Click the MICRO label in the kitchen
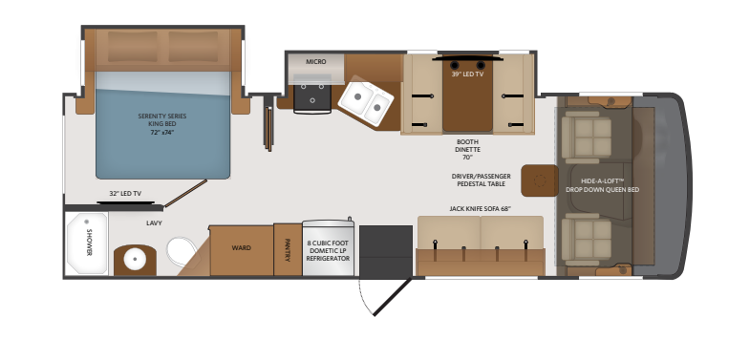pyautogui.click(x=315, y=62)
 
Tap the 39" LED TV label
pyautogui.click(x=467, y=74)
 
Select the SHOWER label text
pyautogui.click(x=89, y=243)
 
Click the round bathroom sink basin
pyautogui.click(x=135, y=260)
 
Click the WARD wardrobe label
pyautogui.click(x=241, y=248)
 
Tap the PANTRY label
pyautogui.click(x=288, y=250)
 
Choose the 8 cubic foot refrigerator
pyautogui.click(x=328, y=247)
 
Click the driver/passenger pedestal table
pyautogui.click(x=540, y=180)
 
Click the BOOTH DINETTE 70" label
pyautogui.click(x=467, y=150)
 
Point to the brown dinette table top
pyautogui.click(x=467, y=95)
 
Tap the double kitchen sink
pyautogui.click(x=366, y=101)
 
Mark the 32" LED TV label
pyautogui.click(x=125, y=194)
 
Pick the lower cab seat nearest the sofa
pyautogui.click(x=587, y=239)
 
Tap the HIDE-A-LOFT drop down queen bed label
pyautogui.click(x=602, y=185)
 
